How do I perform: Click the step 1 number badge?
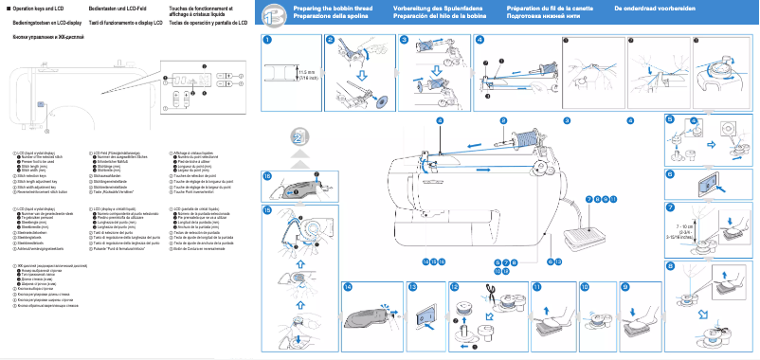pos(268,41)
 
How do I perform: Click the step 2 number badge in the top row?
pos(330,41)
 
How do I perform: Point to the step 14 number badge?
pos(349,286)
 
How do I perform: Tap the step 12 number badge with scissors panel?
pos(455,286)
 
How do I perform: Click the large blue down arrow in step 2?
pos(362,75)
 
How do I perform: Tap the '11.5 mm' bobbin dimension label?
pos(305,72)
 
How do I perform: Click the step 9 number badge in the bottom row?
pos(624,286)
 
